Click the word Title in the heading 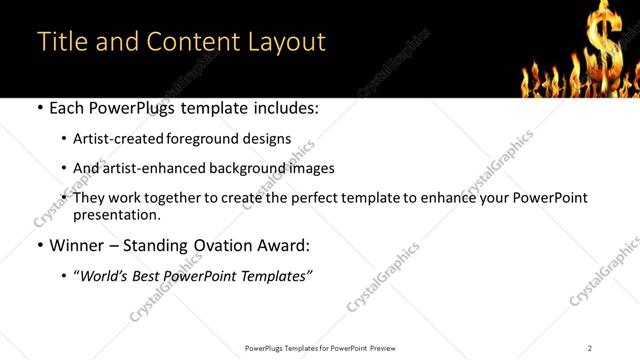coord(60,42)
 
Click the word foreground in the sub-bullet coord(199,139)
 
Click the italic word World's coord(104,275)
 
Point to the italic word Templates coord(276,275)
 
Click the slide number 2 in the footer coord(590,347)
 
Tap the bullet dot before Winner coord(39,245)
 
